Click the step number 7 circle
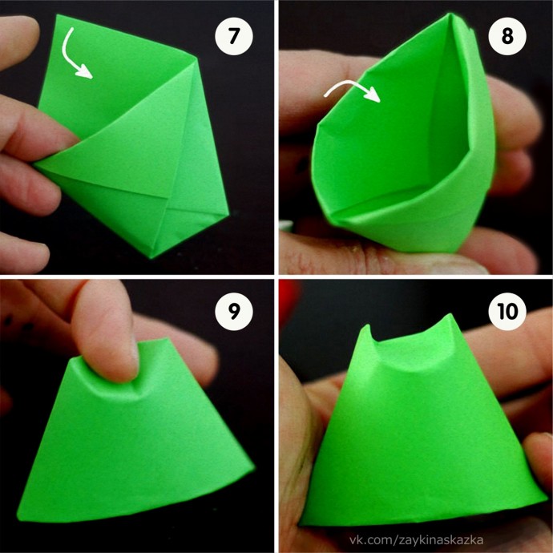234,36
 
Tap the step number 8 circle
507,36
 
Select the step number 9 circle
234,312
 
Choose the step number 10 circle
507,312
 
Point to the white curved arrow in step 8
353,85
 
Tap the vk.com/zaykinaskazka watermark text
416,540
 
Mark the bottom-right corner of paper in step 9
253,467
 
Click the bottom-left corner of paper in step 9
18,519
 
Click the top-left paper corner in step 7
57,16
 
